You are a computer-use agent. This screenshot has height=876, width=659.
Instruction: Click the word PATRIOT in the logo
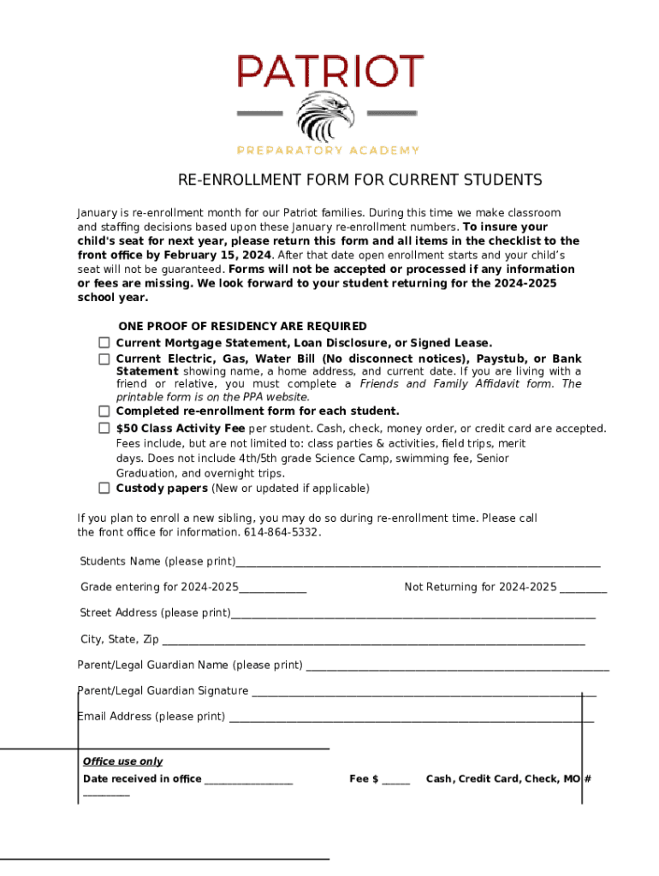coord(329,71)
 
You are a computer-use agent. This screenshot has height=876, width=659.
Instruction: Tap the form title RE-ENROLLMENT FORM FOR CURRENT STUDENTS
coord(359,180)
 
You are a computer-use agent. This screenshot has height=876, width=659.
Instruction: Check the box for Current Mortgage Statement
coord(104,342)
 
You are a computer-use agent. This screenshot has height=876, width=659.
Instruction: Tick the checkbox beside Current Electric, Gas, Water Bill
coord(104,358)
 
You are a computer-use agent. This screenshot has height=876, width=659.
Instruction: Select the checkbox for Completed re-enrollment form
coord(104,411)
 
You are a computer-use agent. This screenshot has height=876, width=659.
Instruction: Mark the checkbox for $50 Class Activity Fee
coord(104,428)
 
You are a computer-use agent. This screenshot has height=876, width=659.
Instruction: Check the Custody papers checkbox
coord(104,488)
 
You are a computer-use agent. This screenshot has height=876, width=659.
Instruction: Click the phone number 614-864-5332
coord(283,532)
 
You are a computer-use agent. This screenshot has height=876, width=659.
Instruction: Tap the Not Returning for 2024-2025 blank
coord(584,589)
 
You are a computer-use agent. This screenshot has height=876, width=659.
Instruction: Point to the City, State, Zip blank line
coord(373,642)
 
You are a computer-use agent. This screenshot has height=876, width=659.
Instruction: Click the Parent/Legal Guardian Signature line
coord(424,693)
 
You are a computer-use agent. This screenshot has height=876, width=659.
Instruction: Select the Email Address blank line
coord(411,719)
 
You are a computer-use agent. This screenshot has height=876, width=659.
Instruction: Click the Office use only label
coord(122,761)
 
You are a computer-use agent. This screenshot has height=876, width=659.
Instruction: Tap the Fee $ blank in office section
coord(395,781)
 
